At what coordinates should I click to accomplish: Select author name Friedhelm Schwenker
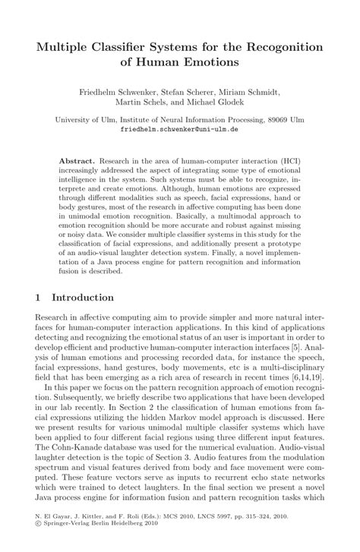(120, 89)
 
